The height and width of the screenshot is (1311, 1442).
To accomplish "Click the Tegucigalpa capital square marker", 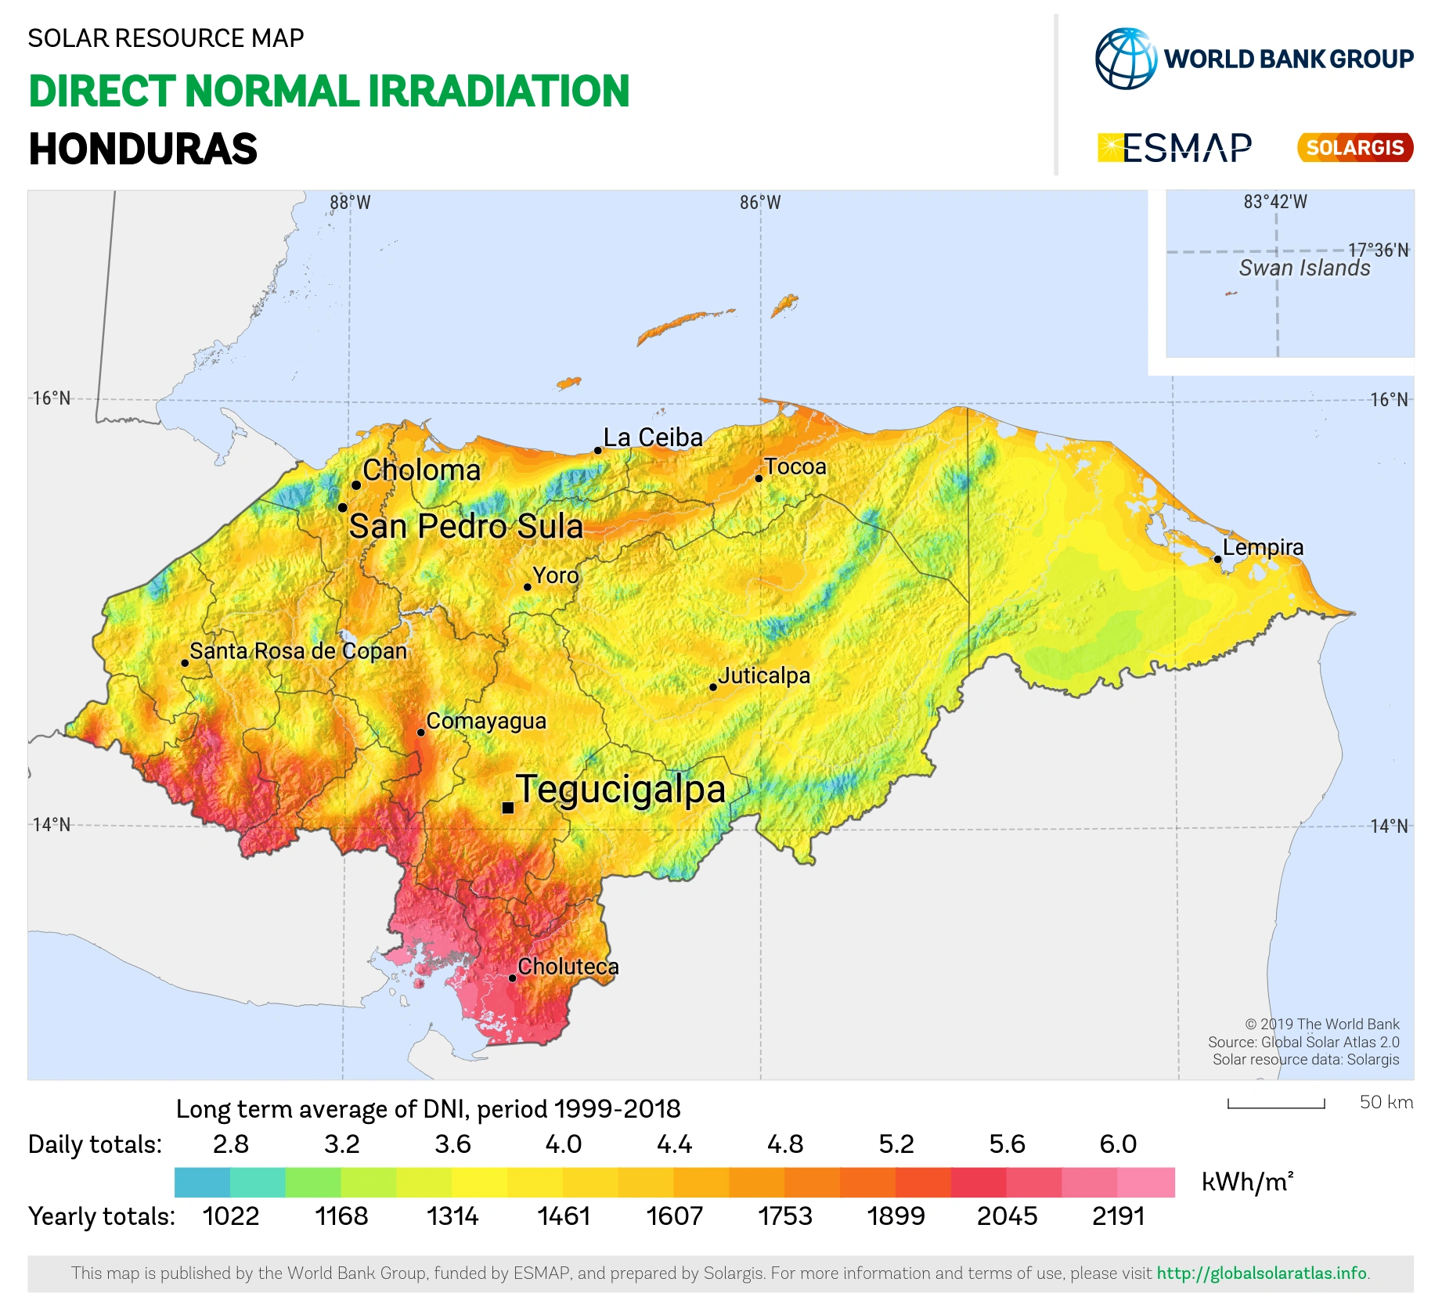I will [x=508, y=808].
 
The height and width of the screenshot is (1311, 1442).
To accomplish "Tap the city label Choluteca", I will [x=568, y=967].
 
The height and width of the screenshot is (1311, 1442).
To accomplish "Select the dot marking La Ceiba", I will [x=597, y=450].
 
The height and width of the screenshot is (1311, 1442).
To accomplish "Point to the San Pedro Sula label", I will [x=466, y=526].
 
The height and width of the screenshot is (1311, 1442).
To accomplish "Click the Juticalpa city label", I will [x=764, y=675].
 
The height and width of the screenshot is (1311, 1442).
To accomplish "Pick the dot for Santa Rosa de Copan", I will [x=185, y=663].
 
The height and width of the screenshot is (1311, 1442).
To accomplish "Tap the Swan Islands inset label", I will [x=1304, y=268].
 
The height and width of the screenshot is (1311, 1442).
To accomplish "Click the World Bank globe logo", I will [x=1126, y=59].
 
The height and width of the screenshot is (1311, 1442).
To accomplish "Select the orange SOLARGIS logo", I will [x=1355, y=147].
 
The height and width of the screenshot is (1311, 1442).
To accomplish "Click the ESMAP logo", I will [x=1174, y=148].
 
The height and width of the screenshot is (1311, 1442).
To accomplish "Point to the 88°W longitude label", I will [x=350, y=203].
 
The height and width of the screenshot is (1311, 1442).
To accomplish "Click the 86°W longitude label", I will [x=760, y=203].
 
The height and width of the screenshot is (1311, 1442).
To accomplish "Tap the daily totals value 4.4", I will [x=674, y=1144].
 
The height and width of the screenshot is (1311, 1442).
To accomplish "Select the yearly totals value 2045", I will [x=1007, y=1216].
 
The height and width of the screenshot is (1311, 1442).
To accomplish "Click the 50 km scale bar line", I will [x=1276, y=1107].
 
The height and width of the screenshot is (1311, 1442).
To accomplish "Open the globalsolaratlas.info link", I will [x=1263, y=1273].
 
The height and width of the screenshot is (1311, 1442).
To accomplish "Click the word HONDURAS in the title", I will [x=143, y=149].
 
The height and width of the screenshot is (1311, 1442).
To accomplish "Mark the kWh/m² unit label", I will [x=1247, y=1181].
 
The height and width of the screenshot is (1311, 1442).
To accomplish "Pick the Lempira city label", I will [x=1263, y=547].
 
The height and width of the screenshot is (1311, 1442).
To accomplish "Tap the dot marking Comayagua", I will [x=421, y=733].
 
